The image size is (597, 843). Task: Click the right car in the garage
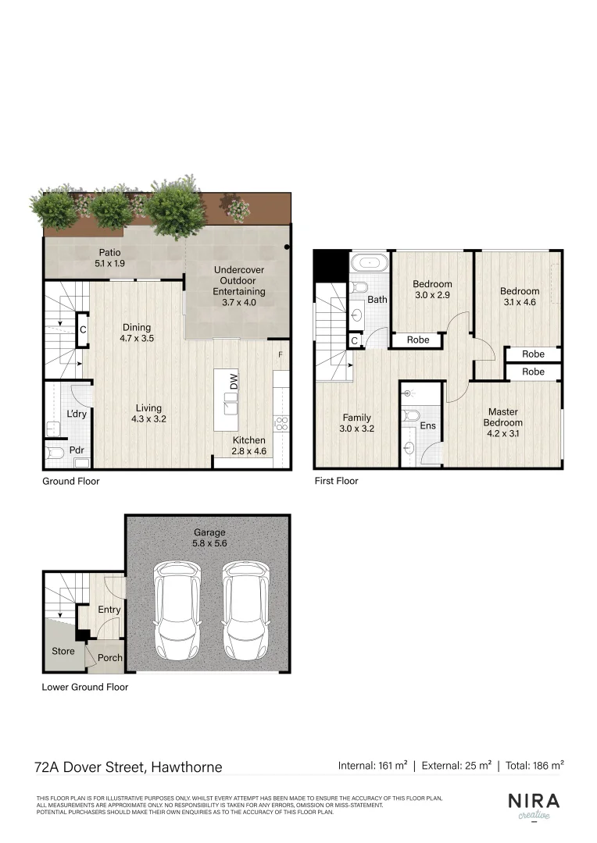coord(245,610)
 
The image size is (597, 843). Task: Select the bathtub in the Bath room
coord(368,263)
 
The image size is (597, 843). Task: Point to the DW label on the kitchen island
coord(234,382)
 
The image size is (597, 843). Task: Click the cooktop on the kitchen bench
coord(281,424)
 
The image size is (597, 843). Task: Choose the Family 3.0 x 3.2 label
coord(356,422)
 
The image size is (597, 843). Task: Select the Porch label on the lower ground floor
coord(110,657)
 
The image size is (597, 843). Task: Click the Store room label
coord(63,651)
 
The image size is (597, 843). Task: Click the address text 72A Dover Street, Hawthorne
coord(129,767)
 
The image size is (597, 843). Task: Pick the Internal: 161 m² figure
coord(372,766)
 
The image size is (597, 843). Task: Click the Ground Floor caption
coord(70,481)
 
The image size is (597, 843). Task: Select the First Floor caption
coord(336,481)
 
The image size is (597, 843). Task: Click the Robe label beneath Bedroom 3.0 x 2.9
coord(418,340)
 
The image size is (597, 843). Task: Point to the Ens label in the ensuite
coord(427,426)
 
